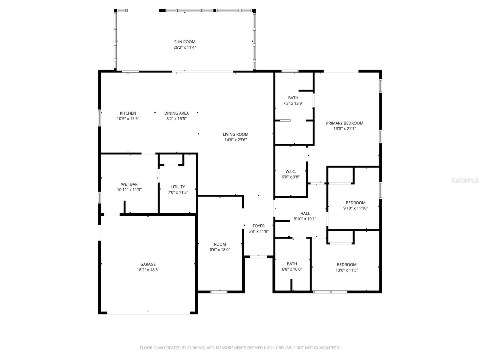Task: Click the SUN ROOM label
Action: [184, 42]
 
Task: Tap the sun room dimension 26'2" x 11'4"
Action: [184, 47]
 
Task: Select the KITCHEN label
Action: [128, 113]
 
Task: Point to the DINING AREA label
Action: [176, 113]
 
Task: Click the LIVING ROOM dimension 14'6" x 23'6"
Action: [235, 140]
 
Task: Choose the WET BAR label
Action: [129, 184]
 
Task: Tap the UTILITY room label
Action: [178, 187]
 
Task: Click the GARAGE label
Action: [148, 264]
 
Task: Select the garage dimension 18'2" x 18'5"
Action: [148, 270]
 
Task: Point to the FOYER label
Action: [259, 226]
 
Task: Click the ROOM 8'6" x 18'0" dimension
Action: [220, 250]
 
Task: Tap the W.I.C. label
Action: [290, 172]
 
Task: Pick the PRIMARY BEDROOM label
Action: [345, 123]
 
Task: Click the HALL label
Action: [305, 214]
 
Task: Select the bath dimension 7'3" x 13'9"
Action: [293, 103]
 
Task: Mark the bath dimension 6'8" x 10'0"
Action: [292, 269]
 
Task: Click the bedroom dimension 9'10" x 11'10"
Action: [355, 208]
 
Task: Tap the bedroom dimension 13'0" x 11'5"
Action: [346, 270]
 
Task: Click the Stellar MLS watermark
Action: [465, 180]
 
